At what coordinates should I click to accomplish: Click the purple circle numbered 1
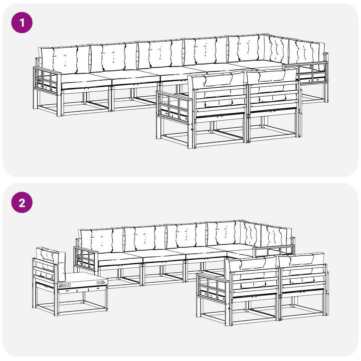[22, 23]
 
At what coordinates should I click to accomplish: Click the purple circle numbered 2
[22, 203]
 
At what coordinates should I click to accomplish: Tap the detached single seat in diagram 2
[70, 281]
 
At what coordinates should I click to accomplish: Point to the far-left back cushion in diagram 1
[65, 59]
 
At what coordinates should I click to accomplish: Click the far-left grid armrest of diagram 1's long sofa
[47, 79]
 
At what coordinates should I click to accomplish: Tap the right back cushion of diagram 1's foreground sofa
[272, 85]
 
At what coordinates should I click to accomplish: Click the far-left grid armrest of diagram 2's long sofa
[86, 258]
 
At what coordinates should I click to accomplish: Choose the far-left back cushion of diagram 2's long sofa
[101, 240]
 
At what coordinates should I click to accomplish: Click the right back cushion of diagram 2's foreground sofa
[302, 268]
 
